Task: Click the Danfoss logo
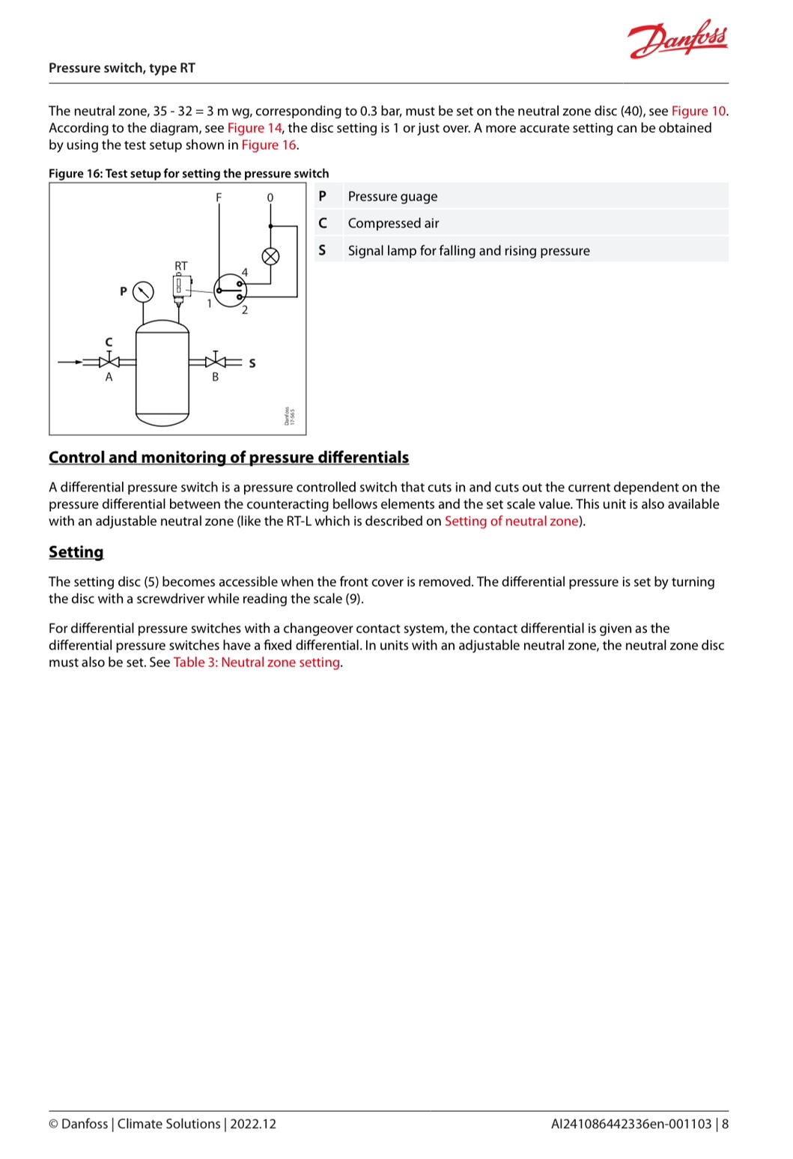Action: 678,41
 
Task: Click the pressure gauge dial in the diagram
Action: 142,291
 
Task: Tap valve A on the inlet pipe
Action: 109,362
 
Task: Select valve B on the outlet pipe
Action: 216,362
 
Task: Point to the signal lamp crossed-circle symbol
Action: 270,256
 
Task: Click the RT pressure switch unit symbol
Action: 180,286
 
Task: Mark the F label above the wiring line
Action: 219,197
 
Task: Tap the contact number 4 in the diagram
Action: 245,273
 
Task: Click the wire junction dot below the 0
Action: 270,226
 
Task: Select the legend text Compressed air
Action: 393,223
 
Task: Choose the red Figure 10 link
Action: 698,111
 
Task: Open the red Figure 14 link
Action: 255,128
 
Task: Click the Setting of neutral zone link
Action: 511,521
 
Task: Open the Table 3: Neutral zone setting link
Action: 257,662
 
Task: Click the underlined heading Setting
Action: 76,552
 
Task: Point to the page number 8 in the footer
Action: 725,1124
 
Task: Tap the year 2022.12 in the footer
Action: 253,1124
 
